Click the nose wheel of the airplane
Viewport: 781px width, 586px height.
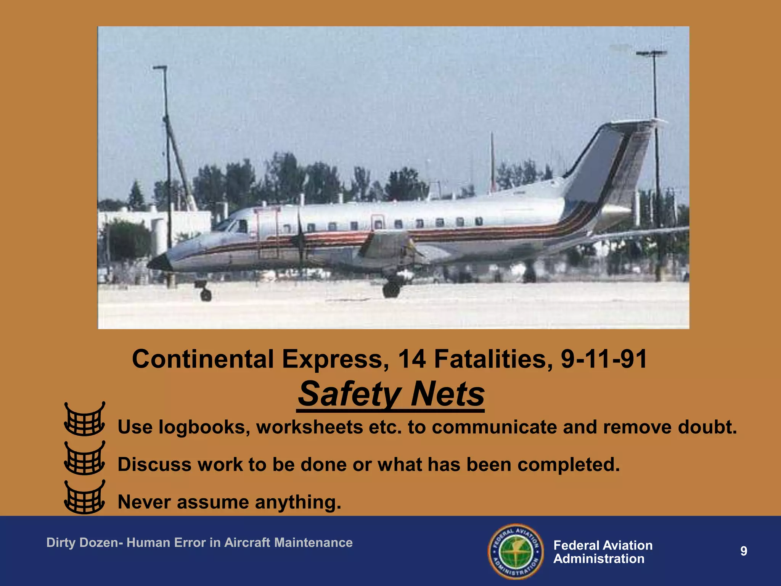coord(206,294)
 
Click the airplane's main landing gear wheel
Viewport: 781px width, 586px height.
coord(391,289)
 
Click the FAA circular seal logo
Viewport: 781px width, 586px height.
coord(516,551)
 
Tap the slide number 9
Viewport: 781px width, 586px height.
coord(743,551)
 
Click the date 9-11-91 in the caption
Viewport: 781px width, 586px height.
coord(604,359)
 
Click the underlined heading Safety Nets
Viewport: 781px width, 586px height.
coord(391,394)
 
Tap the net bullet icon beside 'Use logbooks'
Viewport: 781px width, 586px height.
coord(84,419)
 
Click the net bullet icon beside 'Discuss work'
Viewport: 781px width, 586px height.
coord(84,458)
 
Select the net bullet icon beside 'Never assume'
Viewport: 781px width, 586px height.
coord(84,497)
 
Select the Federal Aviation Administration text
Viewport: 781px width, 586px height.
coord(603,552)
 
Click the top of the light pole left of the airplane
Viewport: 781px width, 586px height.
coord(160,68)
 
